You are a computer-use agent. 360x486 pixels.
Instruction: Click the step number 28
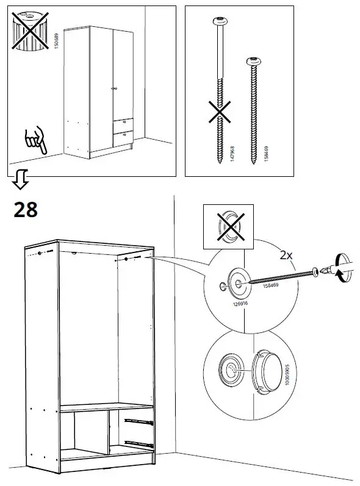pyautogui.click(x=25, y=209)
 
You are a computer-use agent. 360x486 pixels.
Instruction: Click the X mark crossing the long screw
pyautogui.click(x=220, y=112)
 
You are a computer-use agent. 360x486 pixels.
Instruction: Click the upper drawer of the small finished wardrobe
pyautogui.click(x=121, y=124)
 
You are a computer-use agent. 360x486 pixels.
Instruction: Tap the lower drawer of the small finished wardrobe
pyautogui.click(x=121, y=137)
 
